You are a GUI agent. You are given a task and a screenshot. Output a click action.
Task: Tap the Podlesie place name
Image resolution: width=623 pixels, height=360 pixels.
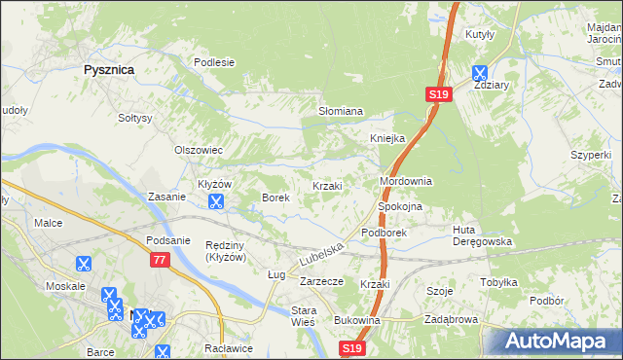coord(214,62)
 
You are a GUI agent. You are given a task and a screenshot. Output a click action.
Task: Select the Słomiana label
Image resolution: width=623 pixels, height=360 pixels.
coord(341,111)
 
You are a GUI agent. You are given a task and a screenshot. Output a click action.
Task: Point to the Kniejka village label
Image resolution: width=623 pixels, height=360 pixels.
coord(386,138)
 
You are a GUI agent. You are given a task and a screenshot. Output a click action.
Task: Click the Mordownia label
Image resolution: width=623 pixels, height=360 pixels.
coord(405,182)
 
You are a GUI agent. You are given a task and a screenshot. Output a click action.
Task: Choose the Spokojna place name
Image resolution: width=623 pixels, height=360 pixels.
coord(399,207)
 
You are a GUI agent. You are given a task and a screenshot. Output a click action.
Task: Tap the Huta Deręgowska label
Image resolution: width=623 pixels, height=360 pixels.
coord(482,235)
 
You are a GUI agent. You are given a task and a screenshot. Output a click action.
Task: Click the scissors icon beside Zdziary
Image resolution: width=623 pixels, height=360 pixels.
coord(480,72)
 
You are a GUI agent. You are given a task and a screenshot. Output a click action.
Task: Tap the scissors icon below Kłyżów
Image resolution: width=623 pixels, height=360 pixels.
coord(216,202)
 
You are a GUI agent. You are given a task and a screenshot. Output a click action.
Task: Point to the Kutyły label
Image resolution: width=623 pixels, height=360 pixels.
coord(481,34)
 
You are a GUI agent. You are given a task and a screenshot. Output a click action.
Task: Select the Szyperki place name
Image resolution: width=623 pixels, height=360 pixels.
coord(591,155)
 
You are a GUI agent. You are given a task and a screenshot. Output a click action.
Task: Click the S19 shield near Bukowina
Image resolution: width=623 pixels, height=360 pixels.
coord(353,347)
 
